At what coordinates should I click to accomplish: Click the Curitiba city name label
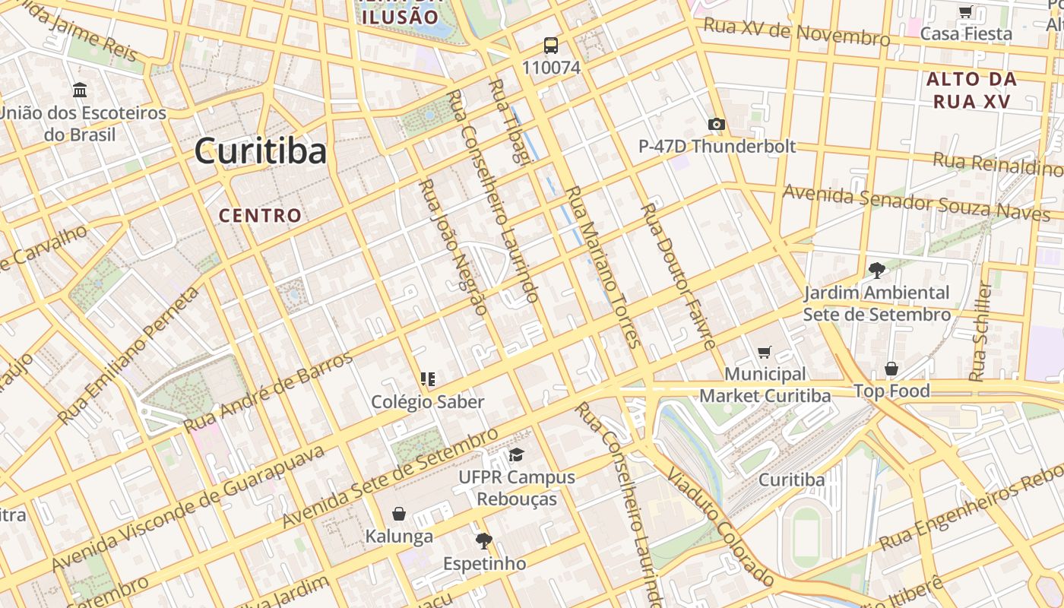coord(261,150)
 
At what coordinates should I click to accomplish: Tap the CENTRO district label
coord(261,215)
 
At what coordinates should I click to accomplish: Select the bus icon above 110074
coord(551,46)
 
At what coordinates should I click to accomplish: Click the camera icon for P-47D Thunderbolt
coord(716,124)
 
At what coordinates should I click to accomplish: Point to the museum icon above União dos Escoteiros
coord(80,90)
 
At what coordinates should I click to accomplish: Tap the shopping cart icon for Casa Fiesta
coord(965,11)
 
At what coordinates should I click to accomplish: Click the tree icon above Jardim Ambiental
coord(876,270)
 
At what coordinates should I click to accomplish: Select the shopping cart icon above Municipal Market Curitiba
coord(765,352)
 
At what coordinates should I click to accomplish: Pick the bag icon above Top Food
coord(891,369)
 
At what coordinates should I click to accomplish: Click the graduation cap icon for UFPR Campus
coord(517,454)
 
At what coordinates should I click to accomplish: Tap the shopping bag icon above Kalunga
coord(399,515)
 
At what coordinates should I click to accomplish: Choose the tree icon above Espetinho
coord(483,541)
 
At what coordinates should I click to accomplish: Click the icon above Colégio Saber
coord(427,378)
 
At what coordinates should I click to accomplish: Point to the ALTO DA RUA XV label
coord(971,90)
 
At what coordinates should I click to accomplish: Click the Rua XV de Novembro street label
coord(796,32)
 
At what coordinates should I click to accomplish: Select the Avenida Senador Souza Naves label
coord(916,202)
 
